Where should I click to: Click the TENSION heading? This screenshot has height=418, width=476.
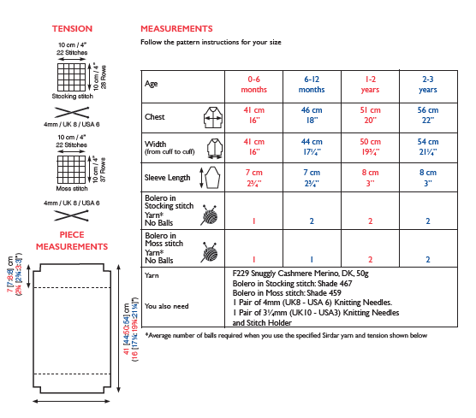(72, 29)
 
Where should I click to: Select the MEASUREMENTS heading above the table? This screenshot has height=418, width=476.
(176, 29)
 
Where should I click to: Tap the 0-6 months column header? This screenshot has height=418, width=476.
(253, 85)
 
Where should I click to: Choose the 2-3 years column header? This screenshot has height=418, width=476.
(428, 85)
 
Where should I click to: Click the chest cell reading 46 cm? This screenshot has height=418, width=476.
(312, 115)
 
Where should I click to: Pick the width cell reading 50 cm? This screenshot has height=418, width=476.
(370, 147)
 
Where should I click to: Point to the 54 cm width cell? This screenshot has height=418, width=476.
(428, 147)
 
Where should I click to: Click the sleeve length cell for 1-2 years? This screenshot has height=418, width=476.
(370, 178)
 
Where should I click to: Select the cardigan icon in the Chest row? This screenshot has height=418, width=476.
(213, 117)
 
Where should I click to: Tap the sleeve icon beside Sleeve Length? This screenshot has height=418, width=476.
(211, 178)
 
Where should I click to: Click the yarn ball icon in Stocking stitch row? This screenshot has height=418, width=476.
(209, 215)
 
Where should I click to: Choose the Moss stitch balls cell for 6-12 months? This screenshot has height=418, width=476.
(312, 260)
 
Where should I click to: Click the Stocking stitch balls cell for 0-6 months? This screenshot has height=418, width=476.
(253, 221)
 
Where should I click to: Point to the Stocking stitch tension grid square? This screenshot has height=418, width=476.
(72, 77)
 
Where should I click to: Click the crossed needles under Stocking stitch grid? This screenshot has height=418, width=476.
(72, 113)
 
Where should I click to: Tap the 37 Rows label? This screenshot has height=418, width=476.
(103, 170)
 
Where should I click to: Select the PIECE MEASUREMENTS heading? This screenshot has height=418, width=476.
(72, 241)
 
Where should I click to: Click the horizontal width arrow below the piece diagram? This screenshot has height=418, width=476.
(71, 401)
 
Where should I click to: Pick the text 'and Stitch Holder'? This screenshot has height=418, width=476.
(262, 323)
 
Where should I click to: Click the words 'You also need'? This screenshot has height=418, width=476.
(167, 306)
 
